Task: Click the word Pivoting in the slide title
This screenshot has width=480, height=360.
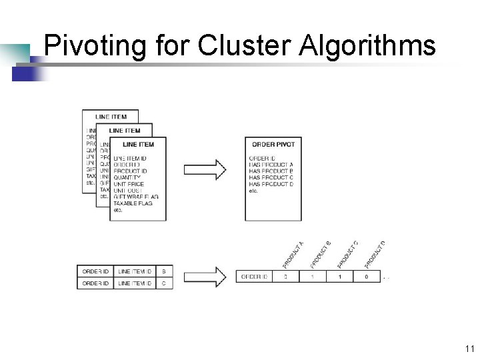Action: click(95, 47)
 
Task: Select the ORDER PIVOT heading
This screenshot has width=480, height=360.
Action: click(273, 144)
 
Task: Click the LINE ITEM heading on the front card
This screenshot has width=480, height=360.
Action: click(139, 144)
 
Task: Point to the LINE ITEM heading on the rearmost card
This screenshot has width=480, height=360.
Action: click(111, 117)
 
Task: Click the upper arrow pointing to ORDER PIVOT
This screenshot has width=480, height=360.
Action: click(205, 169)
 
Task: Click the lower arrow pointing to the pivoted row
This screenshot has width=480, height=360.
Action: click(205, 277)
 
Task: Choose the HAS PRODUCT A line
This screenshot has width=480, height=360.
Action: click(271, 165)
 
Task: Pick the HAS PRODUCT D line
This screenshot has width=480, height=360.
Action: click(271, 184)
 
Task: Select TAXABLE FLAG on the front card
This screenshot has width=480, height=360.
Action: click(133, 203)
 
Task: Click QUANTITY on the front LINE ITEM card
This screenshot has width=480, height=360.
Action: click(127, 177)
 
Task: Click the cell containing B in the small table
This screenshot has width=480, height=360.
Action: click(164, 271)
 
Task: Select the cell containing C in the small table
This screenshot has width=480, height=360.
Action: click(164, 283)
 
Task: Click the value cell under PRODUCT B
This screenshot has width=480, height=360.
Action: click(313, 277)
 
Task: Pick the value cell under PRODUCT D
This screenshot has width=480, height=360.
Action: click(366, 277)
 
